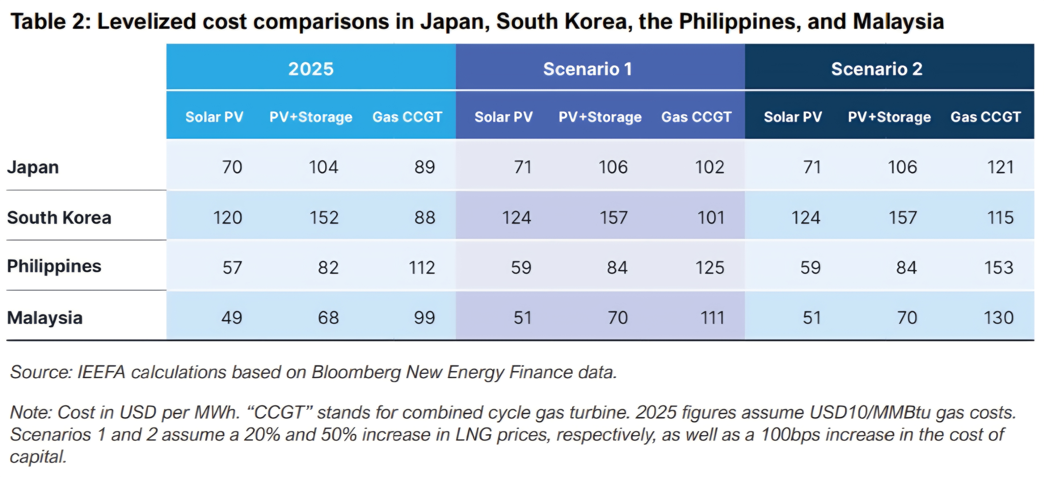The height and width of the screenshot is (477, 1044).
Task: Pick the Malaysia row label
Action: pos(45,317)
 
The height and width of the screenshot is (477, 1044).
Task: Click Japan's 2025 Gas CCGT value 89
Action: pos(424,167)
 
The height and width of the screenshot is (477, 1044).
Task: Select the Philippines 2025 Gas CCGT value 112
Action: pos(422,268)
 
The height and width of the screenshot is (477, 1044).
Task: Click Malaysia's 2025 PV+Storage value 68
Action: pos(328,317)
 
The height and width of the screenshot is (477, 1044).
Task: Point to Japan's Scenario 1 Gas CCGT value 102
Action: pos(710,167)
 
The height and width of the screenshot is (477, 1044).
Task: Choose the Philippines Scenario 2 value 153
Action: pos(999,268)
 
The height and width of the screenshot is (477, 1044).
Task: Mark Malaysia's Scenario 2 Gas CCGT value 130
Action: pos(999,317)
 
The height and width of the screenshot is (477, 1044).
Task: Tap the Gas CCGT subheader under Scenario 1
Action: pos(696,117)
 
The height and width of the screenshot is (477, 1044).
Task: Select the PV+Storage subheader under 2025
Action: pos(311,117)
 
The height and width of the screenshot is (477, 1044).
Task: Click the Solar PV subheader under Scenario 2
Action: pos(793,117)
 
